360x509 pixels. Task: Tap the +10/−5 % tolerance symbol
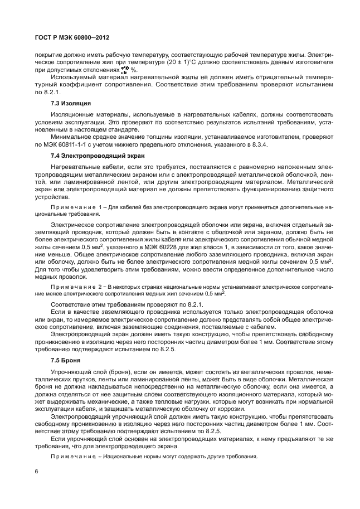(124, 71)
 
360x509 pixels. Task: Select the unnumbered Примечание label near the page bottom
(74, 457)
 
